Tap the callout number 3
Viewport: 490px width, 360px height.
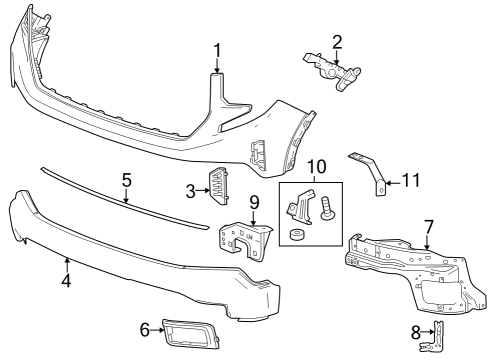(x=191, y=189)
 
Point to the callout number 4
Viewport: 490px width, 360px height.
(x=66, y=281)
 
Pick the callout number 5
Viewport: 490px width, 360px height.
(x=126, y=180)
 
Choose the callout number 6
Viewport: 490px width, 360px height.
(x=144, y=328)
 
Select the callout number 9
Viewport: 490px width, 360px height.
(x=254, y=203)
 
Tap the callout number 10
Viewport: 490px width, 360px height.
(x=316, y=165)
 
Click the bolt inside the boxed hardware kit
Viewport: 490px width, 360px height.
(x=329, y=211)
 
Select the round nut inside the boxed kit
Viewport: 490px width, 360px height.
(x=298, y=236)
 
